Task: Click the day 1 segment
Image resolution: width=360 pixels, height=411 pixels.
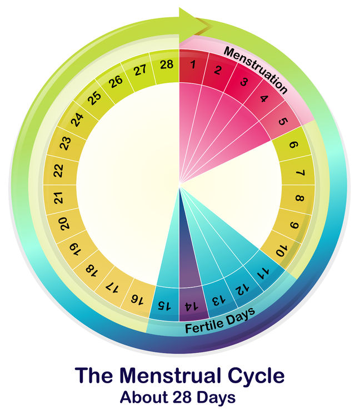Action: point(193,67)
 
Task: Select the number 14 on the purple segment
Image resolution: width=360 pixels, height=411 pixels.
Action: point(192,306)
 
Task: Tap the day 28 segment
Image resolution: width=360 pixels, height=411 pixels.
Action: point(165,67)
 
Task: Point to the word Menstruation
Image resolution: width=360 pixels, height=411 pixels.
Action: point(256,70)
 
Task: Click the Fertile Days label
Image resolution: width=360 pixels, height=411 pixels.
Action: point(220,321)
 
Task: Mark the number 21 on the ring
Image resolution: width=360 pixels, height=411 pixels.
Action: point(59,197)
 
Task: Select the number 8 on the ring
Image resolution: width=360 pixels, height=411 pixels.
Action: point(299,198)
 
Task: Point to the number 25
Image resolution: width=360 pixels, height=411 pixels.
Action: point(95,98)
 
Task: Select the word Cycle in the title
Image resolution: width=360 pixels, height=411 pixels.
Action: point(256,376)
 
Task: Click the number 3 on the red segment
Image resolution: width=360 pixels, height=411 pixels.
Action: point(244,82)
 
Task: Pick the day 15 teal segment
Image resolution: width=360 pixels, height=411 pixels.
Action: point(165,304)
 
